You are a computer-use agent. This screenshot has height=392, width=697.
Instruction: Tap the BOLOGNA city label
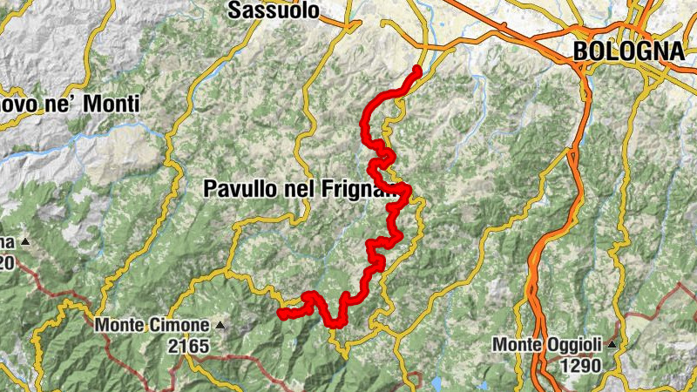pos(628,51)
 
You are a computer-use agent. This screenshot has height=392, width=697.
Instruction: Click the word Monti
pos(109,105)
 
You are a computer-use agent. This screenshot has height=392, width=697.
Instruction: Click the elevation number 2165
pos(190,347)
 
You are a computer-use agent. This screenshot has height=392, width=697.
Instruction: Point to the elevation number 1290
pos(577,366)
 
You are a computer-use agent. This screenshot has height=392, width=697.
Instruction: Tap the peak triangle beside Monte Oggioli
pos(614,345)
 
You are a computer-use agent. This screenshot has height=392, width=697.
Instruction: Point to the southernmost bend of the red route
pos(334,323)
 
